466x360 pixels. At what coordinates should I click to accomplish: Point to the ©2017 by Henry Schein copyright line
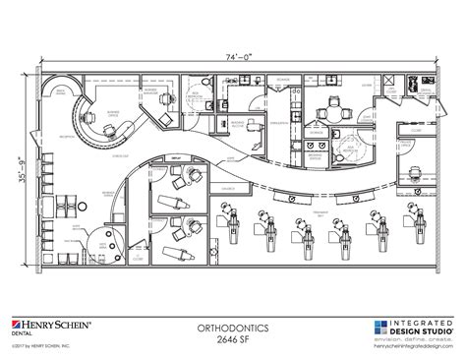tap(41, 344)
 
